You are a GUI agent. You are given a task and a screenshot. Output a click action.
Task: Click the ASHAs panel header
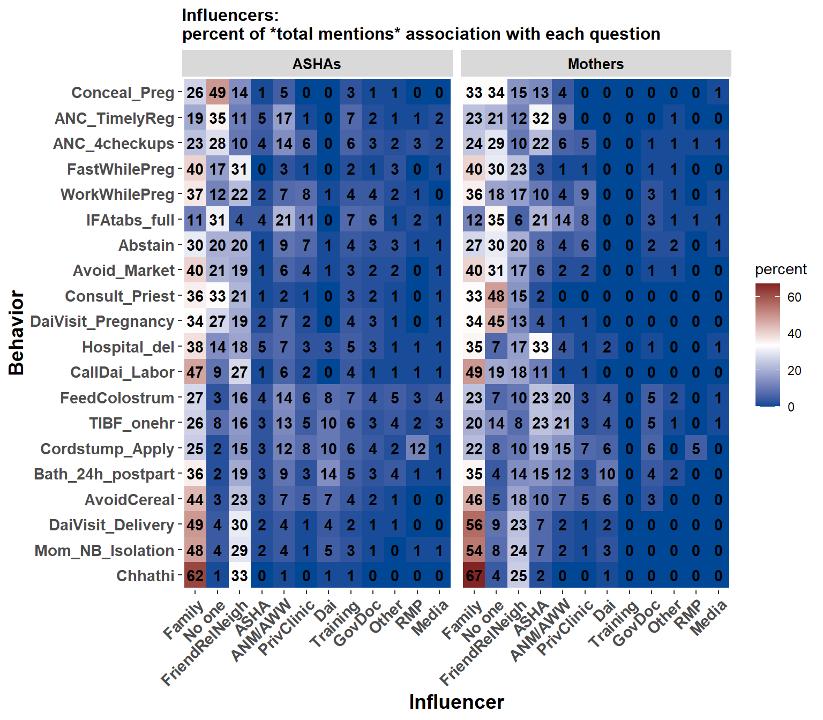click(317, 64)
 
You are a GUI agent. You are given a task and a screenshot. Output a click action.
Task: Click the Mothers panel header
click(595, 64)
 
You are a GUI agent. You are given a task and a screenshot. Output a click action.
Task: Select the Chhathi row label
click(145, 576)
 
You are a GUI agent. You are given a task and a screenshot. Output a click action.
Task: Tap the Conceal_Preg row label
click(123, 93)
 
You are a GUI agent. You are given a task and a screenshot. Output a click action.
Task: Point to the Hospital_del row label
click(128, 347)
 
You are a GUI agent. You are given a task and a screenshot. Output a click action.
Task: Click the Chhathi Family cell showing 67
click(474, 576)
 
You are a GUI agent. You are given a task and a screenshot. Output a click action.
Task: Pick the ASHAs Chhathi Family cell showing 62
click(195, 576)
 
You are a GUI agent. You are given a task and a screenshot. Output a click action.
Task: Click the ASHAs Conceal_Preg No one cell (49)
click(218, 93)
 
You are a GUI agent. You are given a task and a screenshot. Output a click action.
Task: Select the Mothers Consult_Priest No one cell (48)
click(496, 296)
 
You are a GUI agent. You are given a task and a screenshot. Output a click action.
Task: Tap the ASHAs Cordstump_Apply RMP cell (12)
click(417, 449)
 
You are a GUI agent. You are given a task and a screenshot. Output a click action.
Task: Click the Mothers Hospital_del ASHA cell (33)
click(540, 347)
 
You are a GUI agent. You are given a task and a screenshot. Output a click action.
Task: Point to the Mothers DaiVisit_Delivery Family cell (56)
click(474, 525)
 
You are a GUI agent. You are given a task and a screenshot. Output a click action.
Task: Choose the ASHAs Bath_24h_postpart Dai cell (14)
click(328, 474)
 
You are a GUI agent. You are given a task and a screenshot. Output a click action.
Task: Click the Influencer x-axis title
click(457, 702)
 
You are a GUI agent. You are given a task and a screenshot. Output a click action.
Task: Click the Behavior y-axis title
click(17, 333)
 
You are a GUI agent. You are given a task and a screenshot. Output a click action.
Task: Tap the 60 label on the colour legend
click(795, 297)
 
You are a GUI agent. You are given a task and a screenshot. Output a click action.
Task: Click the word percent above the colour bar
click(781, 269)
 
